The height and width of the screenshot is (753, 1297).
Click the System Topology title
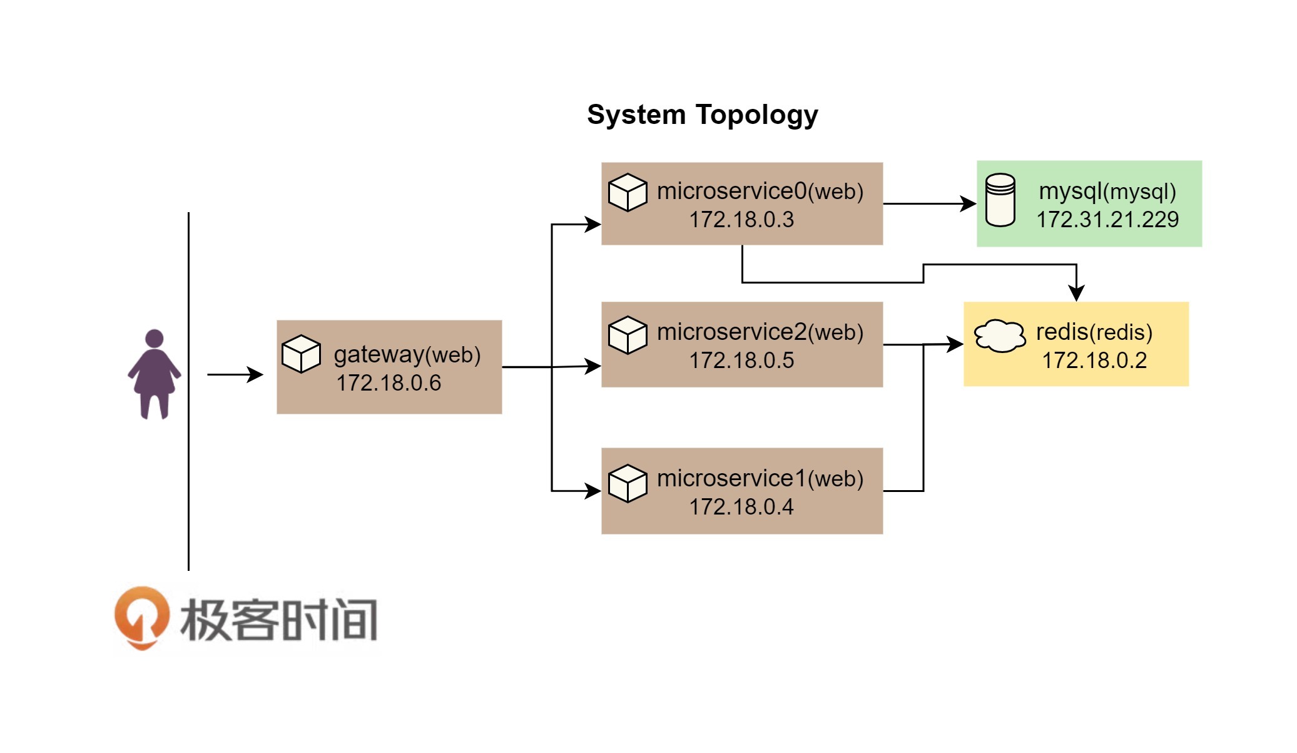[702, 115]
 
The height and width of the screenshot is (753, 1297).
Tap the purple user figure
[154, 374]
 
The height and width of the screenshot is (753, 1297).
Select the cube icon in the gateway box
[301, 354]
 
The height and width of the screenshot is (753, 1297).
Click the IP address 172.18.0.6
[389, 383]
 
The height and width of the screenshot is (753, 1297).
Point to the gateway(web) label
[407, 355]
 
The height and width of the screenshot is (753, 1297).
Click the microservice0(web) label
[760, 192]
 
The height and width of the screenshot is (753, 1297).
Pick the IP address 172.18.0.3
[741, 220]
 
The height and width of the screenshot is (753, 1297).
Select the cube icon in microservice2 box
[628, 335]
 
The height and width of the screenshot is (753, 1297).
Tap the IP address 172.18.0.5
[741, 361]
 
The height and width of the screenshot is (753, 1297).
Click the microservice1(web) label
[760, 479]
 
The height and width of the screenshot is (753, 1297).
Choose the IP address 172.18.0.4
[741, 507]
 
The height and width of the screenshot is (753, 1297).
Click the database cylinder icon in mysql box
[1000, 200]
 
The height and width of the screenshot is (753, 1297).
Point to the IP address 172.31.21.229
[1107, 220]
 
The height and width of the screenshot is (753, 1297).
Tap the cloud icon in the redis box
[1000, 336]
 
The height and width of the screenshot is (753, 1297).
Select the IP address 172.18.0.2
[1094, 361]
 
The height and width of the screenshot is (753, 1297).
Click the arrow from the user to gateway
[235, 375]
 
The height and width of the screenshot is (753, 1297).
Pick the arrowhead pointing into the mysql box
[969, 203]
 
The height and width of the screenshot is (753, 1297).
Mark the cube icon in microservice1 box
[628, 483]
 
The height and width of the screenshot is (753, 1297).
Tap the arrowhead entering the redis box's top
[1076, 293]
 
